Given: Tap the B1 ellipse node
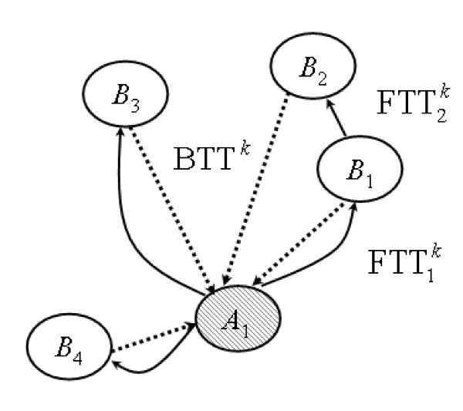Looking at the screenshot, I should pyautogui.click(x=357, y=172).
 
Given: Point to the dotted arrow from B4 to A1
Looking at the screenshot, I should pyautogui.click(x=154, y=339).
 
